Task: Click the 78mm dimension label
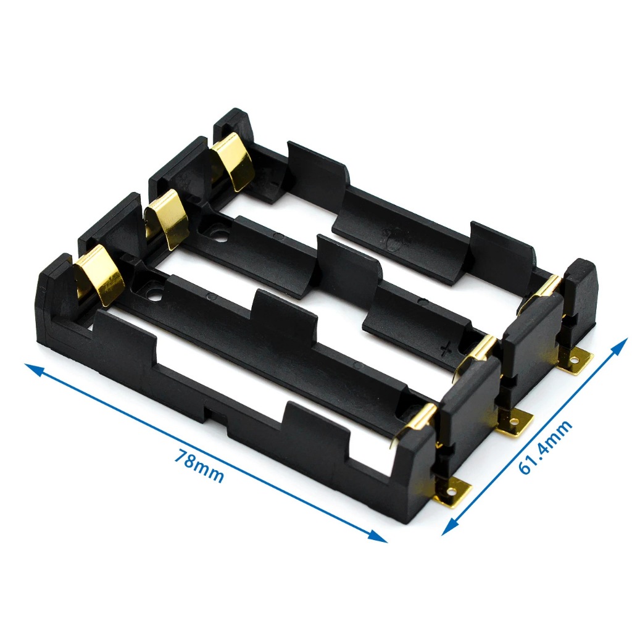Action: (199, 465)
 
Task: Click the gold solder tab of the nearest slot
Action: (452, 493)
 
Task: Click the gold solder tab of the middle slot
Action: (513, 423)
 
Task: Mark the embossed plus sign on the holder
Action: (445, 349)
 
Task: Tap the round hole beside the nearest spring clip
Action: (153, 291)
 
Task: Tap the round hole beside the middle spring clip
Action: (217, 234)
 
